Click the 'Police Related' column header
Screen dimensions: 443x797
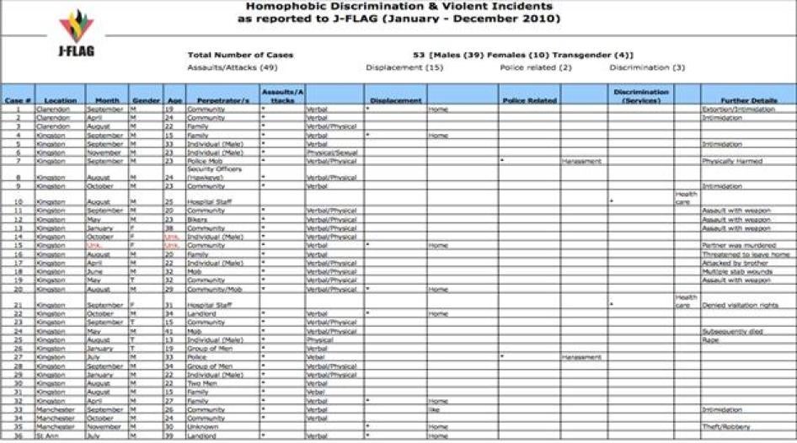[x=529, y=100]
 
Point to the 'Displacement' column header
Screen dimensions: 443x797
[x=395, y=100]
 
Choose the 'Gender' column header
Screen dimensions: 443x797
[x=140, y=100]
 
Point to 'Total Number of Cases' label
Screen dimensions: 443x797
[x=240, y=55]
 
